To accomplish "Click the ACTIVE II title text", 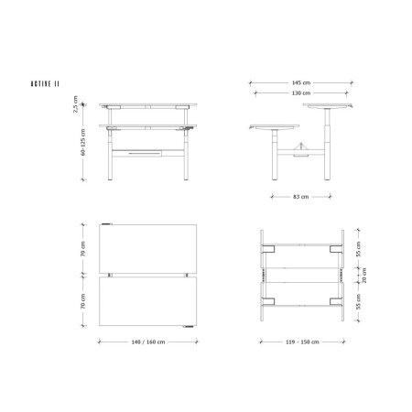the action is click(45, 84).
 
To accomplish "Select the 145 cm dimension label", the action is click(301, 82).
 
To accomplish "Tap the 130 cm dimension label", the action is click(301, 93).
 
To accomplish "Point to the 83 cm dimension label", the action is click(301, 197).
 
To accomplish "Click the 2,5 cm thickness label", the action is click(75, 104).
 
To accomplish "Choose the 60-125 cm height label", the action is click(83, 142).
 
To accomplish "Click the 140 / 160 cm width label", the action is click(148, 342).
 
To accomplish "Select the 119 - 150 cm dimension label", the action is click(302, 342).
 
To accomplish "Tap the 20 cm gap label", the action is click(364, 276).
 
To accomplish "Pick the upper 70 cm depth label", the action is click(83, 249).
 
